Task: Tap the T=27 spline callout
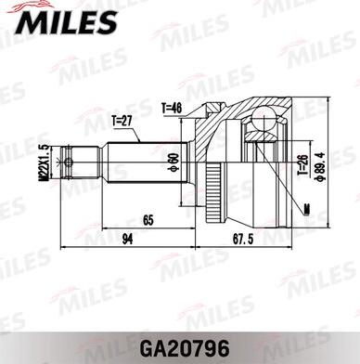(x=122, y=120)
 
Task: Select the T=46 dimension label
(x=172, y=108)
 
